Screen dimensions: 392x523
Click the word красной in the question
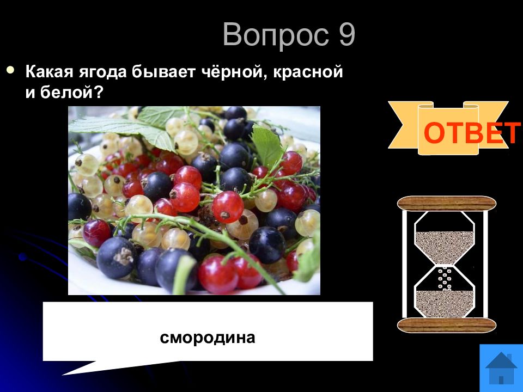pyautogui.click(x=308, y=72)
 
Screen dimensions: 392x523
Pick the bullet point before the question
pyautogui.click(x=11, y=70)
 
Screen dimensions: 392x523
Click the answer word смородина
pyautogui.click(x=208, y=338)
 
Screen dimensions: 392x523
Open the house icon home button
pyautogui.click(x=501, y=368)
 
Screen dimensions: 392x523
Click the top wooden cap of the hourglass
pyautogui.click(x=447, y=204)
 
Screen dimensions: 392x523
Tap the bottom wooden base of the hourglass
pyautogui.click(x=447, y=326)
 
